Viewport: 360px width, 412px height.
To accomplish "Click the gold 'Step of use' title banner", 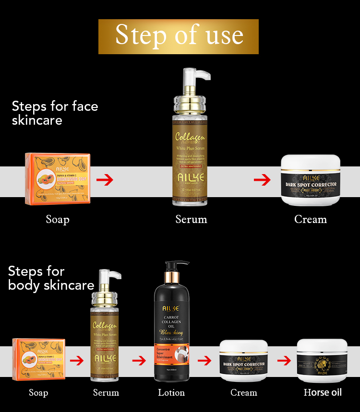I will [179, 36].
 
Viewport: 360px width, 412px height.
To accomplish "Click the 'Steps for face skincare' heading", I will [55, 113].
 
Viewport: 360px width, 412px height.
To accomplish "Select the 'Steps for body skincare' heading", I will [51, 278].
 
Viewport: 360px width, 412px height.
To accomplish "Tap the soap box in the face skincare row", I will [58, 179].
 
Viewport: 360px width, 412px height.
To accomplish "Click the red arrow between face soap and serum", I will [105, 180].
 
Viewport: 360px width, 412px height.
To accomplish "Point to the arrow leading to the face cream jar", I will [262, 180].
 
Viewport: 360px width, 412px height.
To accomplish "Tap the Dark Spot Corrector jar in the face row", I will [311, 180].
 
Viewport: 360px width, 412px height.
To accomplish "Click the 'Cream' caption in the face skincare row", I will [311, 219].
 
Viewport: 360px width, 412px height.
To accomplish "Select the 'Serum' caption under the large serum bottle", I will [191, 219].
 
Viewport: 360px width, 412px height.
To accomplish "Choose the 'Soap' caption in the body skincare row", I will [38, 393].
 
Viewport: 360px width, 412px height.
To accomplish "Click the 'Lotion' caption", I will [171, 393].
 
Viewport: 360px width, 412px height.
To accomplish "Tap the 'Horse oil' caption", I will [323, 392].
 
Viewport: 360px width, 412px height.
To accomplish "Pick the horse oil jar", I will [322, 360].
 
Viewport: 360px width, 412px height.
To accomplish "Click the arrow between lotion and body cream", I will [204, 360].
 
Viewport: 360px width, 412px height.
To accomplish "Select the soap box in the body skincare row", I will [38, 360].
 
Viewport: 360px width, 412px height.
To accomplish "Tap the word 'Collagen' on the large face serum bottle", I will [190, 137].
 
